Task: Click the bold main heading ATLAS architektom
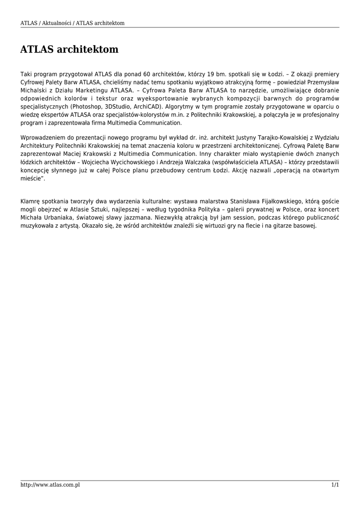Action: (x=70, y=50)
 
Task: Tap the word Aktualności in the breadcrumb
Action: (x=56, y=23)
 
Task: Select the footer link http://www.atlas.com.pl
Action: (x=50, y=485)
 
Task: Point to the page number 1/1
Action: (x=335, y=485)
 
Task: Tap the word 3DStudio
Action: (x=124, y=107)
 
